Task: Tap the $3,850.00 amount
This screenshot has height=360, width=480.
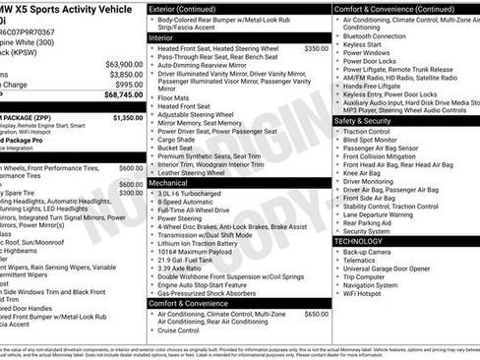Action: pos(126,75)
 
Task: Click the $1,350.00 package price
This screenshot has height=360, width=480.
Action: pos(128,118)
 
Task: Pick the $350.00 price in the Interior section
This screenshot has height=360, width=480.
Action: pos(316,48)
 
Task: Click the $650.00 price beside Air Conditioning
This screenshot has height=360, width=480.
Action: pos(316,314)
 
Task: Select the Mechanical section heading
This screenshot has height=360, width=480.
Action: pos(169,183)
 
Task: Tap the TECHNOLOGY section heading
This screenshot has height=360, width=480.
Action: pos(358,241)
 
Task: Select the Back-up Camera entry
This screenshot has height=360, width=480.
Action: pos(369,252)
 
